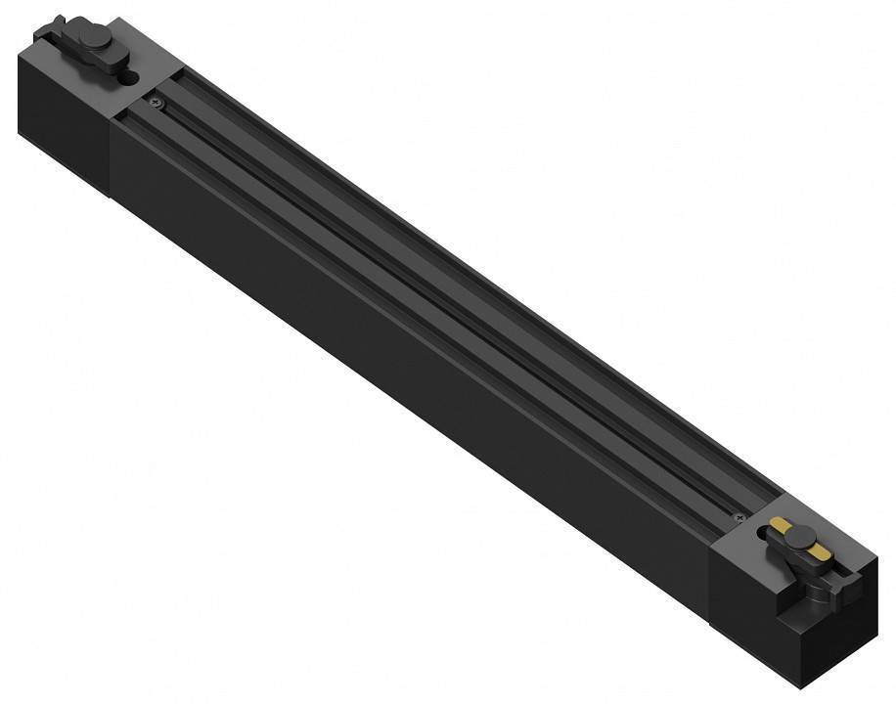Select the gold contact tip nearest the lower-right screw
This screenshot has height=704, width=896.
pyautogui.click(x=779, y=529)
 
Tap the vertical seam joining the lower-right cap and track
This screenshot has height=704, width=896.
pyautogui.click(x=711, y=587)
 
